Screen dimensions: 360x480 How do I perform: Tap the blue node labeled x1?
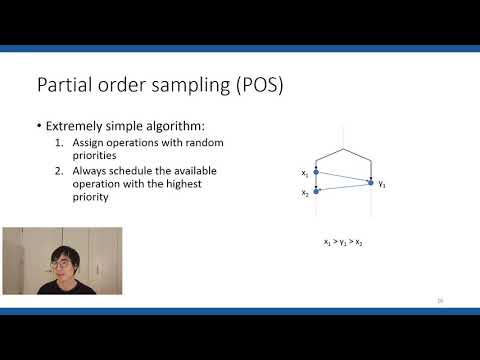(316, 172)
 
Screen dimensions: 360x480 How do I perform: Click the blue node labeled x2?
(316, 190)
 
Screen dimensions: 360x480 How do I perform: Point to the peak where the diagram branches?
(343, 149)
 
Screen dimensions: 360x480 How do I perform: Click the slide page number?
(440, 300)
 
